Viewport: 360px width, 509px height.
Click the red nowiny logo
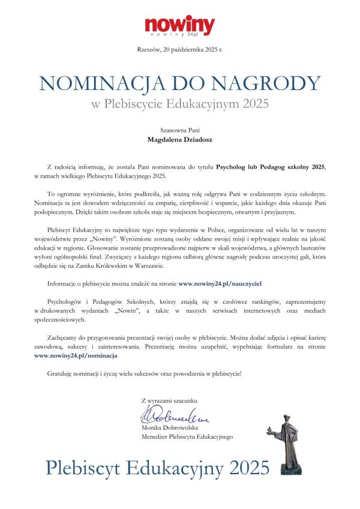[x=179, y=26]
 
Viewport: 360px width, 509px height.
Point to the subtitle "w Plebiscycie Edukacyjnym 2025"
[x=180, y=103]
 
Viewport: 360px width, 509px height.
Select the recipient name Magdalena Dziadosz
[x=180, y=140]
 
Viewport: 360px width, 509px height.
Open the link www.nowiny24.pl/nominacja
[x=76, y=355]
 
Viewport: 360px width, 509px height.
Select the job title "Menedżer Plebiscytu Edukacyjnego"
[x=187, y=438]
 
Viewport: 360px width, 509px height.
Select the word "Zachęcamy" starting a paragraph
[x=62, y=339]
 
